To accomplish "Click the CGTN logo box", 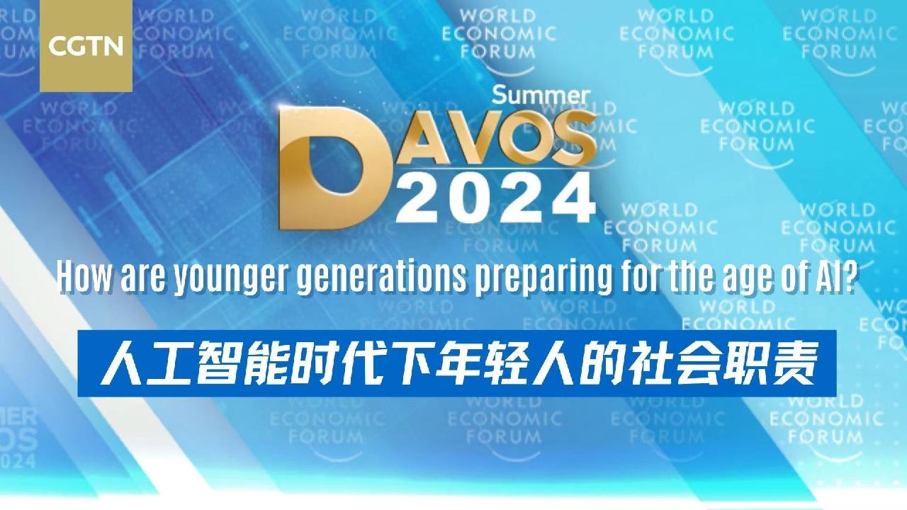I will pyautogui.click(x=86, y=47).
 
